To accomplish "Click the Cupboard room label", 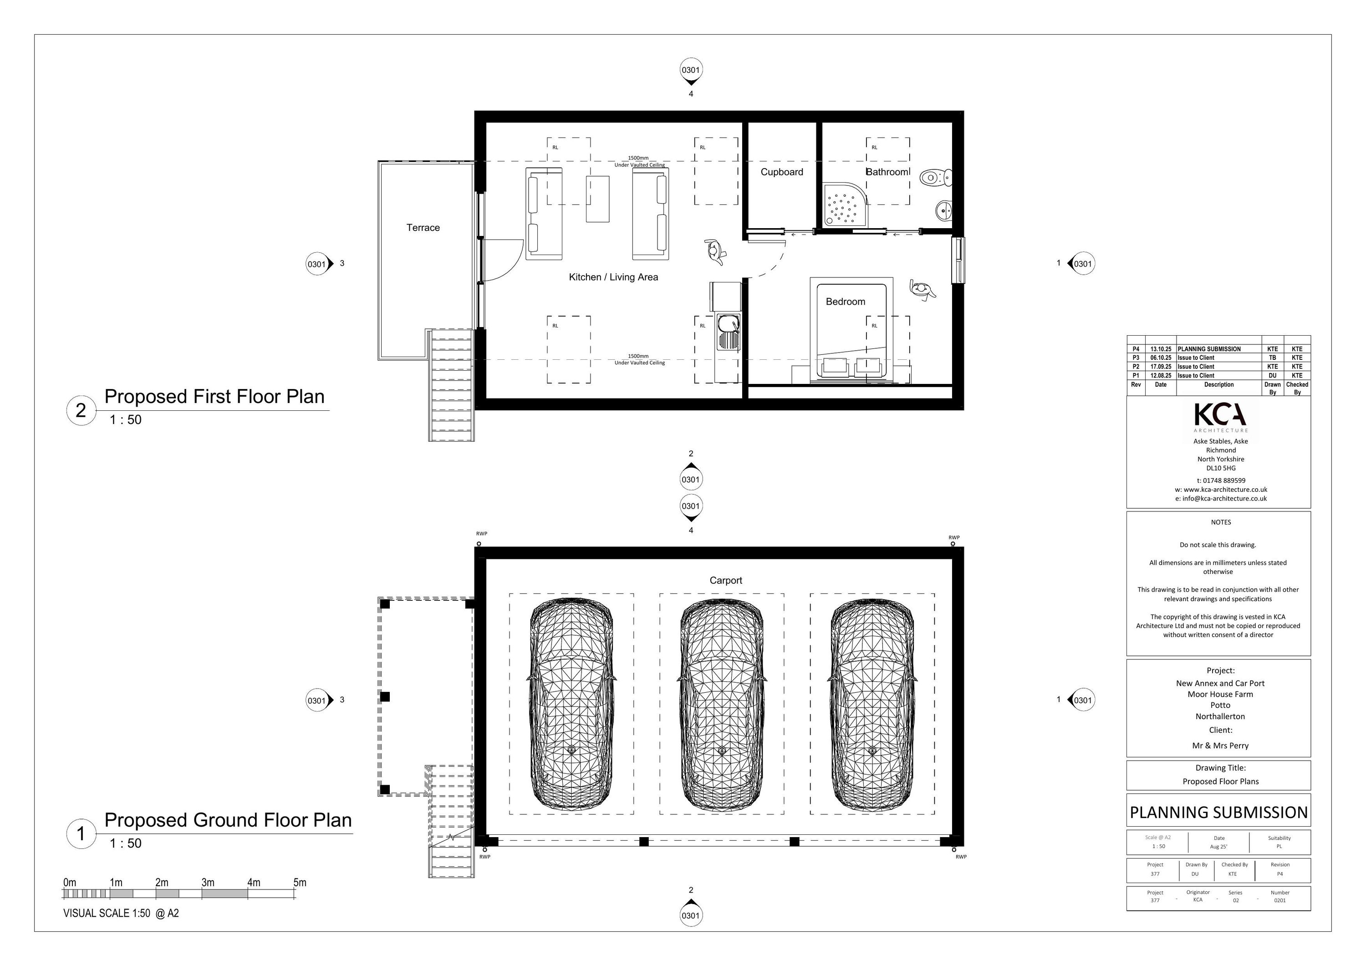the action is pos(782,172).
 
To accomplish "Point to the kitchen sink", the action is pos(728,332).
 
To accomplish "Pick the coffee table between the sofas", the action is pos(597,199).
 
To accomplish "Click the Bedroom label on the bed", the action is pos(846,302).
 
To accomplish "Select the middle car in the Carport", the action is pos(722,704).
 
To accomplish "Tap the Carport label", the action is pos(726,580).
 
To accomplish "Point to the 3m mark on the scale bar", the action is pos(208,883).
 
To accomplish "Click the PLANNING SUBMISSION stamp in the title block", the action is pos(1218,813).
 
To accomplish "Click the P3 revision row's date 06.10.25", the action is pos(1161,358).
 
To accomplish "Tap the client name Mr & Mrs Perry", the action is pos(1220,746).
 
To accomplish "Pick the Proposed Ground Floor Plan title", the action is pos(228,820).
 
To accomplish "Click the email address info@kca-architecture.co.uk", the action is pos(1221,499).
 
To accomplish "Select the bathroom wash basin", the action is pos(944,210).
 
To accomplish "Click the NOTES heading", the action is pos(1221,522).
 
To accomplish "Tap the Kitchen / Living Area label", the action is pos(613,277).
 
